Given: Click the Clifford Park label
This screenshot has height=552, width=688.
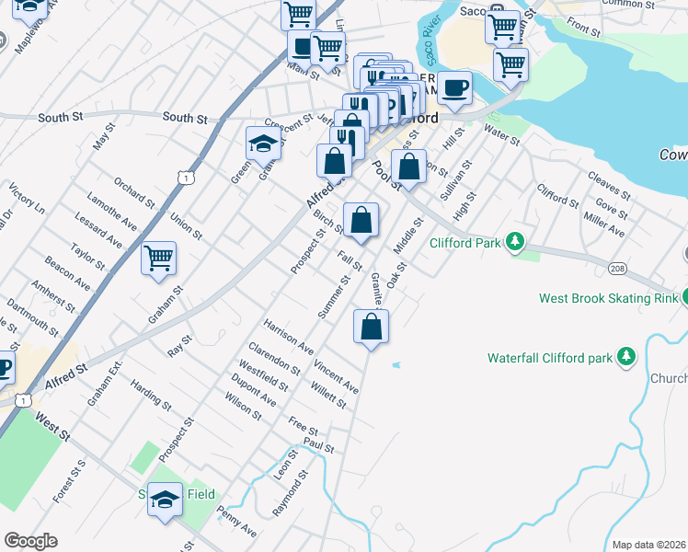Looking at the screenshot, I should (x=464, y=244).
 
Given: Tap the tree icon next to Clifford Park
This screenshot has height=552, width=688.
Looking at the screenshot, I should (x=516, y=243).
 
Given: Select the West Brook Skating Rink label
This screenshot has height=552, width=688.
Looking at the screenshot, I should (x=607, y=298).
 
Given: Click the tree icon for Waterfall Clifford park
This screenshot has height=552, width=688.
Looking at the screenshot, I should (x=626, y=356).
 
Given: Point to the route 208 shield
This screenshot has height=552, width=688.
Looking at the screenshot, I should (x=616, y=267).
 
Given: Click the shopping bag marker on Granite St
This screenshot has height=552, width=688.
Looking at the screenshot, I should (x=371, y=327).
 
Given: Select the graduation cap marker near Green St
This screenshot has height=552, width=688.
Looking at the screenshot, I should (x=263, y=143).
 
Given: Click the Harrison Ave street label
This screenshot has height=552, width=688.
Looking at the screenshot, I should (x=288, y=338).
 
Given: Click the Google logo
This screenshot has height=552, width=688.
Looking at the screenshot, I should (x=30, y=541).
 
